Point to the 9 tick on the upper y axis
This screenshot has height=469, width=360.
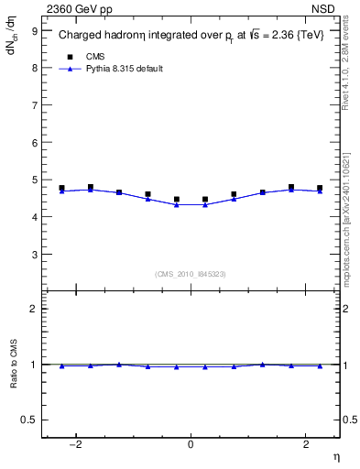(36, 30)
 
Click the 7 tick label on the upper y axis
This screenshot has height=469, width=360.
(36, 105)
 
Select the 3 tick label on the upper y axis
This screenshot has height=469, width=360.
(36, 255)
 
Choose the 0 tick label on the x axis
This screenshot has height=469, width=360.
(191, 443)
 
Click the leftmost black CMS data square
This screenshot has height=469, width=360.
(61, 188)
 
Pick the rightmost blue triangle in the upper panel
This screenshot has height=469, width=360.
(320, 191)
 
